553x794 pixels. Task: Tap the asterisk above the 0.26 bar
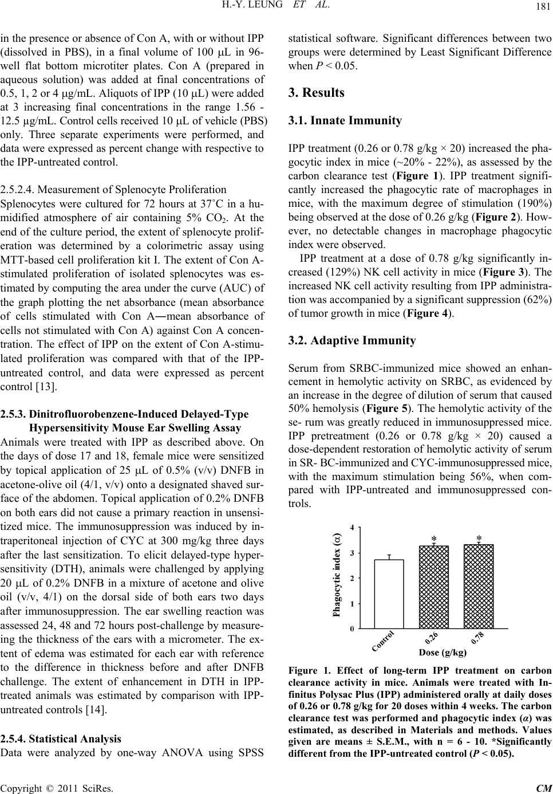tap(434, 539)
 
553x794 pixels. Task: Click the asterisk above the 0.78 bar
tap(479, 538)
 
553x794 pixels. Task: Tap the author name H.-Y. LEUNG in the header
tap(240, 6)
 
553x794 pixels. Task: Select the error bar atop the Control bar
tap(389, 557)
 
